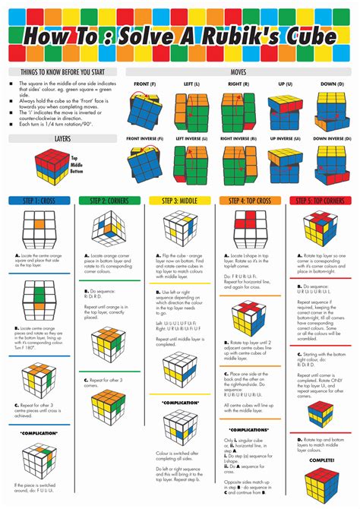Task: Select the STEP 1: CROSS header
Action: pos(38,201)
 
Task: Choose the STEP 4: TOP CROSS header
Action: pos(251,201)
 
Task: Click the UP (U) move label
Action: pos(286,84)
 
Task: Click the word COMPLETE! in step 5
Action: pos(321,460)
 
